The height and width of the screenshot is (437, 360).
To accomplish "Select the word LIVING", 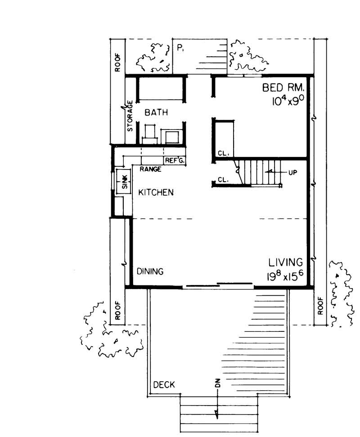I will (x=286, y=262).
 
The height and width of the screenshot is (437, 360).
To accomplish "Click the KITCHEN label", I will (x=156, y=192).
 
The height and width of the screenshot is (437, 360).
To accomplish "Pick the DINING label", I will (x=150, y=272).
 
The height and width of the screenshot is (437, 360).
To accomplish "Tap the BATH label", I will (x=156, y=113).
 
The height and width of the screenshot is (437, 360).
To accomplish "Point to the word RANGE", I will (x=150, y=169).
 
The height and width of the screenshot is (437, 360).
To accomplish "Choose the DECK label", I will (x=164, y=385).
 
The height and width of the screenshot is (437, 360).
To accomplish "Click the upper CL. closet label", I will (x=223, y=153).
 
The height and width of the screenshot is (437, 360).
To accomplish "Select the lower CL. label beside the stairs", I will (x=223, y=179).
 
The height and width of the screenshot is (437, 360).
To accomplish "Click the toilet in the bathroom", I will (x=150, y=133).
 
